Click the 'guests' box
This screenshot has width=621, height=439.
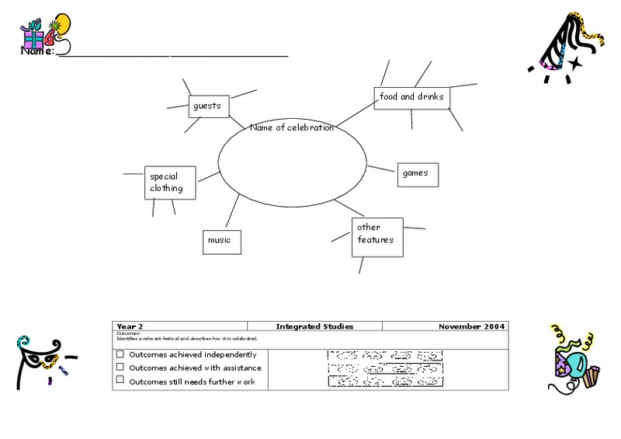(209, 106)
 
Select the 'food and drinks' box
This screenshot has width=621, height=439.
(411, 97)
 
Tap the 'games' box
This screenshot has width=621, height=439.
(418, 174)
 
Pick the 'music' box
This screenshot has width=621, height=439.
(221, 241)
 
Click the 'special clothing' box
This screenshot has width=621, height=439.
(169, 182)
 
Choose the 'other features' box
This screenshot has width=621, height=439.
(377, 235)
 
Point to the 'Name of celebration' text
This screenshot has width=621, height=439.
(292, 128)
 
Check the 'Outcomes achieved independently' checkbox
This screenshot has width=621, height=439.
(120, 354)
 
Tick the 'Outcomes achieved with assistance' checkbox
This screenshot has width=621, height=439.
(120, 368)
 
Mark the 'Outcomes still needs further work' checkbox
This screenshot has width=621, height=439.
(120, 381)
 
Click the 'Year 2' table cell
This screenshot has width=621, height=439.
(179, 326)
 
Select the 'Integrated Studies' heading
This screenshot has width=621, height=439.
(314, 326)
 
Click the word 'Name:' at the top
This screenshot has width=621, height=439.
(36, 51)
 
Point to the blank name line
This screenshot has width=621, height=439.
(172, 55)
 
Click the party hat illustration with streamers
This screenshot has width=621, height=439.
(571, 47)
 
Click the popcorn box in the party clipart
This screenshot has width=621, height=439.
(593, 377)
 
